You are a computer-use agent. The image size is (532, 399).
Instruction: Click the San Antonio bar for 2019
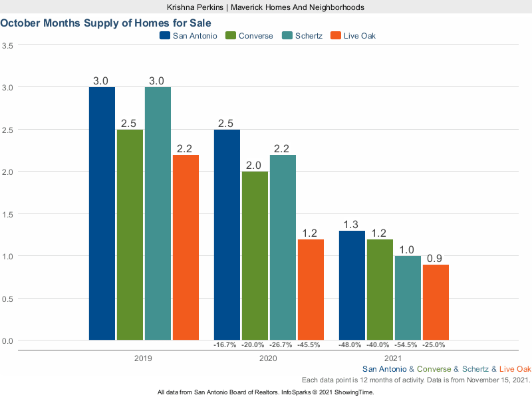pyautogui.click(x=102, y=213)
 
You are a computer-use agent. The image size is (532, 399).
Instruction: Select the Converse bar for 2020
pyautogui.click(x=255, y=256)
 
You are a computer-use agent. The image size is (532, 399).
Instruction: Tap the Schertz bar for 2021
pyautogui.click(x=408, y=298)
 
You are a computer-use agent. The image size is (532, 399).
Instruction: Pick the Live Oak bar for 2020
pyautogui.click(x=311, y=290)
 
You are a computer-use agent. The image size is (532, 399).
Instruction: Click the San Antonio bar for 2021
pyautogui.click(x=352, y=285)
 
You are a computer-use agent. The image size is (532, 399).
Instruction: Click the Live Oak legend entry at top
pyautogui.click(x=360, y=35)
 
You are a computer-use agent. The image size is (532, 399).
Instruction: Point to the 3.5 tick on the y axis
pyautogui.click(x=9, y=45)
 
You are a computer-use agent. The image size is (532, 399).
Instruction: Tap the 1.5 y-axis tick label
pyautogui.click(x=9, y=214)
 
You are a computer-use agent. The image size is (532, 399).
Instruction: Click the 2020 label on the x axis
pyautogui.click(x=268, y=358)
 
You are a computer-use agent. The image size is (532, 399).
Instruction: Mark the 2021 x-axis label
pyautogui.click(x=394, y=358)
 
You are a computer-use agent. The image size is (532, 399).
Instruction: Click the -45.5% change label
pyautogui.click(x=311, y=345)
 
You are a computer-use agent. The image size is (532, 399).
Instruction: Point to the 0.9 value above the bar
pyautogui.click(x=436, y=258)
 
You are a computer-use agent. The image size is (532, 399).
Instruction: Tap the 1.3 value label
pyautogui.click(x=352, y=224)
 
